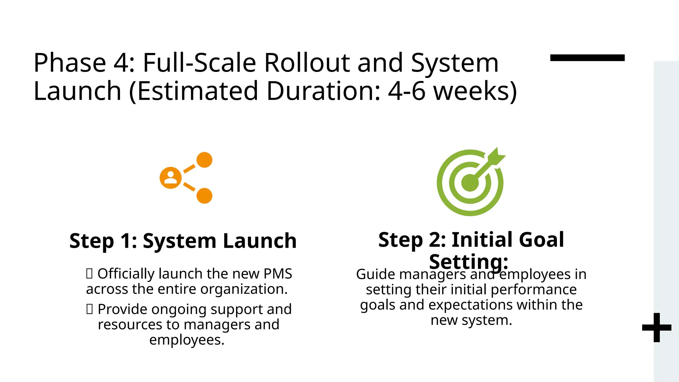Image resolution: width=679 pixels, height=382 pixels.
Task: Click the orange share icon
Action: click(186, 178)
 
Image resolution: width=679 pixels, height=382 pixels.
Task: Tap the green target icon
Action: click(470, 183)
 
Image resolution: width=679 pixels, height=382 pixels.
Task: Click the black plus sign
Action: click(656, 328)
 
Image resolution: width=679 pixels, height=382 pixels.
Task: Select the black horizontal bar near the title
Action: click(587, 58)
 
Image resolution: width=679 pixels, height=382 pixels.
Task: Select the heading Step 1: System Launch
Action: click(183, 240)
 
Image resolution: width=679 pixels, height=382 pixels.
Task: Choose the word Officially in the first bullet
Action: click(126, 274)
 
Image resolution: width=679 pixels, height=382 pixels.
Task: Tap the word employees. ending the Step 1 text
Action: click(187, 340)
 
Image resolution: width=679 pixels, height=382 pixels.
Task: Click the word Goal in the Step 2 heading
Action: click(541, 239)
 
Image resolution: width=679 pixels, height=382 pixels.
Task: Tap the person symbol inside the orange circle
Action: click(171, 178)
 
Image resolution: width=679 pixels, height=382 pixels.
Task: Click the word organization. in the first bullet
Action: click(244, 289)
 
